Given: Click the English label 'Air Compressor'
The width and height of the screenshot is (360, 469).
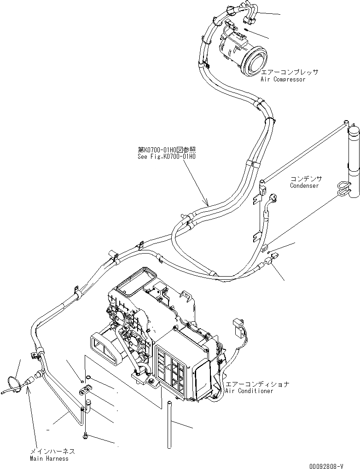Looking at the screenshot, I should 283,79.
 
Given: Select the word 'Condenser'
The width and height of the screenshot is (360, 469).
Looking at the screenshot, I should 304,185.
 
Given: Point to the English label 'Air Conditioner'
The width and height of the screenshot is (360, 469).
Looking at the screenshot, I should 249,391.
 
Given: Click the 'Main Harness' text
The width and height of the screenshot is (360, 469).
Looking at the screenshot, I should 49,458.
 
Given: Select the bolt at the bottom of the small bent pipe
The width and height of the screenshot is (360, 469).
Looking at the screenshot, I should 86,435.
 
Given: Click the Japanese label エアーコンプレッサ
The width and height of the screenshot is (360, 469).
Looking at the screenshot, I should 290,72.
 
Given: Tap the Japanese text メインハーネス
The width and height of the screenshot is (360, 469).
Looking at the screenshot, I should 52,452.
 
